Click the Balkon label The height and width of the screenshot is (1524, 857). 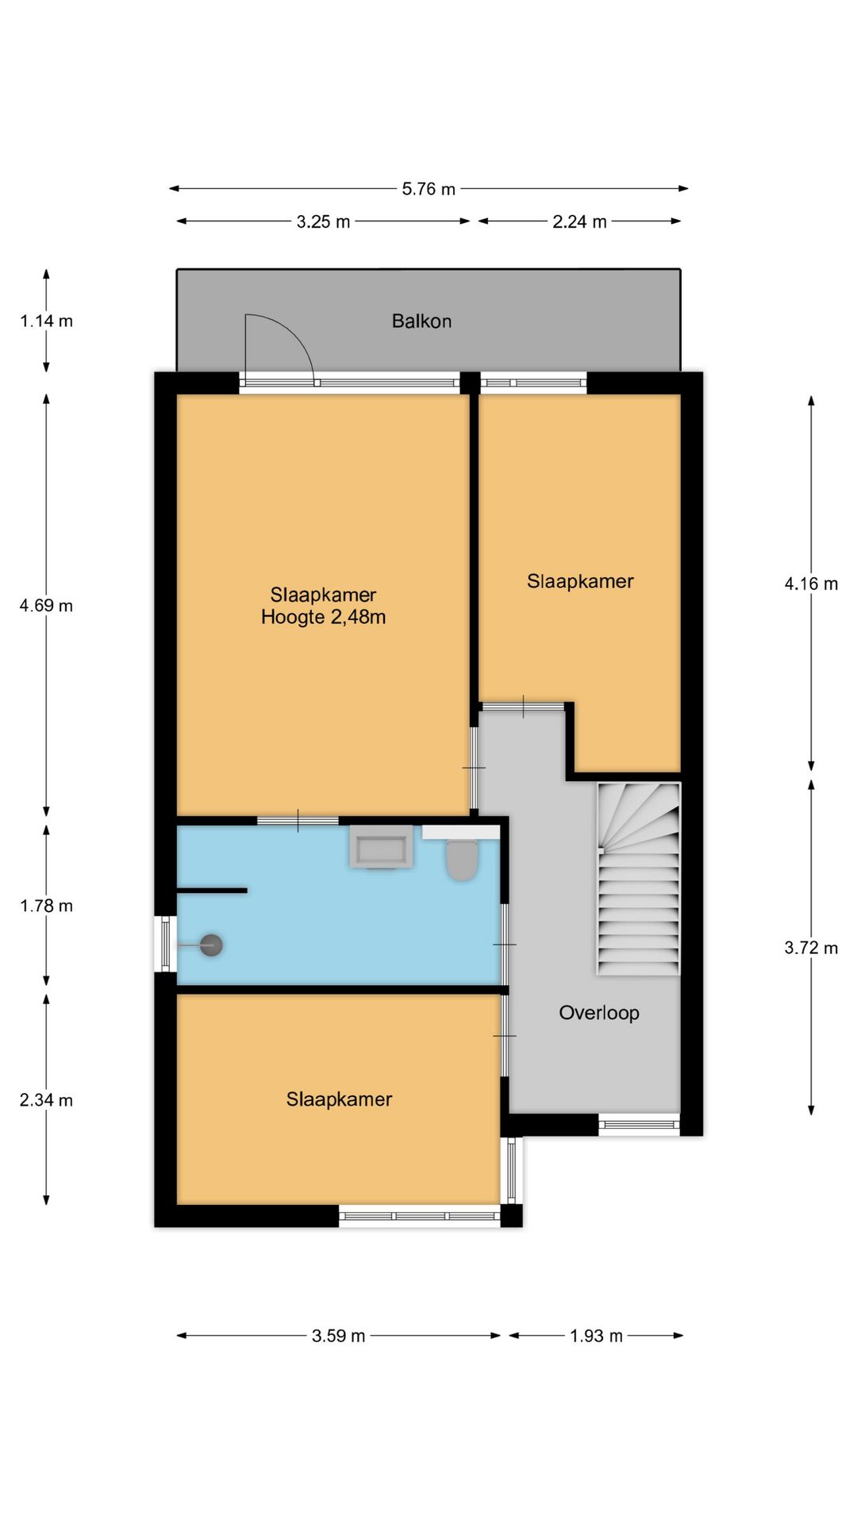click(421, 321)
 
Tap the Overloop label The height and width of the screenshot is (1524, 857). click(599, 1013)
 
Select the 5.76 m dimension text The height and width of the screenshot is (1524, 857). click(428, 189)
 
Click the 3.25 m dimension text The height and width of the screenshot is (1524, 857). click(323, 222)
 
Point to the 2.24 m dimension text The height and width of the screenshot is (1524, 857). click(579, 222)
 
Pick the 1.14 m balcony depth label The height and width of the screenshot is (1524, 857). click(46, 321)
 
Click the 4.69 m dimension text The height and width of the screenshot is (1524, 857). click(46, 606)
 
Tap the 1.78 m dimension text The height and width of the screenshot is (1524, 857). click(46, 906)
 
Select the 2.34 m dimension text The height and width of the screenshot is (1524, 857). click(46, 1101)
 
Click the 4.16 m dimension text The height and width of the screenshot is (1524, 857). click(811, 584)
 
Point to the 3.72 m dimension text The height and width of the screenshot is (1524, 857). click(811, 948)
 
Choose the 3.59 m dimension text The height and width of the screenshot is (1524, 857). click(338, 1336)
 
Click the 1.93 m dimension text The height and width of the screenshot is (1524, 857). click(596, 1336)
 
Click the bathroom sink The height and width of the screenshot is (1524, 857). click(381, 847)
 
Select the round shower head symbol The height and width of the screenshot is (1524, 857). click(211, 945)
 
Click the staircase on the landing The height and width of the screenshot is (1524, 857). click(639, 879)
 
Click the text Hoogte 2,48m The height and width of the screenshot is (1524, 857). click(324, 618)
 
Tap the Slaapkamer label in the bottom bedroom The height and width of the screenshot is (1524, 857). click(339, 1099)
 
